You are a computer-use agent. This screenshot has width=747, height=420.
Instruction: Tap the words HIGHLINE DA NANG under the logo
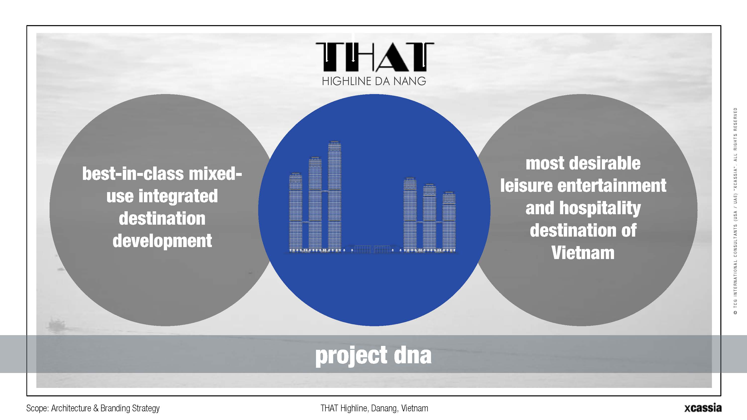(x=374, y=81)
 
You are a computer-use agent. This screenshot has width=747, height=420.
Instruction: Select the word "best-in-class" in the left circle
(x=133, y=174)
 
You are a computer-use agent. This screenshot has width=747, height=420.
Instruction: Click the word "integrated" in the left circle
(x=178, y=197)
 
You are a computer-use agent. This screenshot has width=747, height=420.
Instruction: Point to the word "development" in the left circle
(x=162, y=241)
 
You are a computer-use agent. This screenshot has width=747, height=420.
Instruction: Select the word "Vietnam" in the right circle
(x=583, y=253)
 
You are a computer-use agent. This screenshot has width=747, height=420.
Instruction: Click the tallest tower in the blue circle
(x=334, y=196)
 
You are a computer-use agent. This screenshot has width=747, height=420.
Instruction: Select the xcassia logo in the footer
(x=703, y=408)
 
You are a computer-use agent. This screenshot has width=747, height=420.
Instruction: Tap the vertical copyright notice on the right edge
(x=735, y=211)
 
